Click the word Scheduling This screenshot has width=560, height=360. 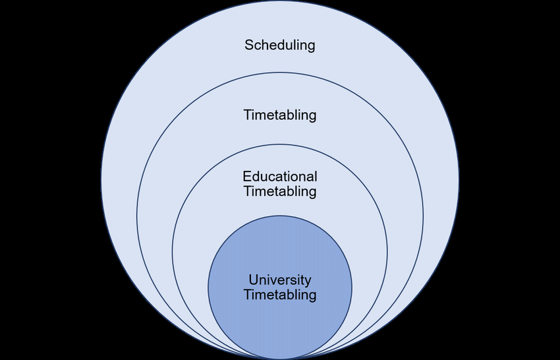[x=280, y=45]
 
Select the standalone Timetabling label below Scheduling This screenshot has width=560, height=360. [x=280, y=115]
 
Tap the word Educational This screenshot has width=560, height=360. [x=280, y=177]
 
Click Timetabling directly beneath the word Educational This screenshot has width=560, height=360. [x=280, y=192]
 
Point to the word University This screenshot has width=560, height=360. [x=280, y=280]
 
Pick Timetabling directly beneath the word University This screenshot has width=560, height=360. [x=280, y=295]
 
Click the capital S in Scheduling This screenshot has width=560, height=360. [x=249, y=45]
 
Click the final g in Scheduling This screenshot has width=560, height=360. [x=311, y=47]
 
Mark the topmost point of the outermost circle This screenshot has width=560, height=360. [x=280, y=1]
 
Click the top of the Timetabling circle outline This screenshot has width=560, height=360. [x=280, y=73]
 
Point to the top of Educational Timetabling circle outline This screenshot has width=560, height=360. [x=280, y=144]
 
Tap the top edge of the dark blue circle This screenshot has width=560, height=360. [x=280, y=216]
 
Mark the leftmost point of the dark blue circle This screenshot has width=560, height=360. [x=208, y=287]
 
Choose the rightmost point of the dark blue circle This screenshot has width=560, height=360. [x=352, y=287]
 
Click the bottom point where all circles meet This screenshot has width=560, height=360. [x=280, y=359]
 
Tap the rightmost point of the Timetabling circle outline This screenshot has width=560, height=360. [x=423, y=216]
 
